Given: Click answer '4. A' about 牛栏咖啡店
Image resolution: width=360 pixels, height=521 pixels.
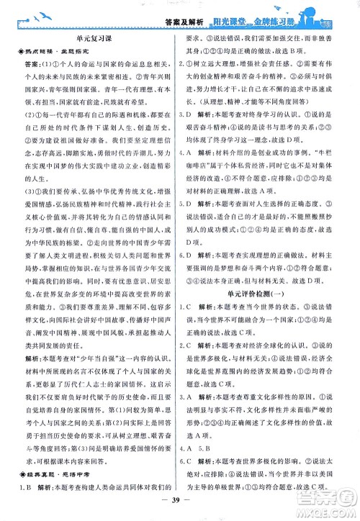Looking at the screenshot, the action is click(x=192, y=172).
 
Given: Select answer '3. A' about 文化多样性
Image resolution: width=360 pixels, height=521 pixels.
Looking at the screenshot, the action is click(x=192, y=394).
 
